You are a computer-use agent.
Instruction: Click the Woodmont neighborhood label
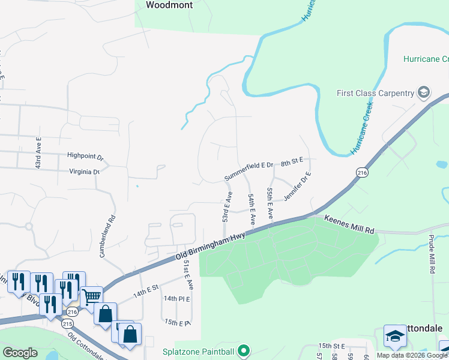(169, 5)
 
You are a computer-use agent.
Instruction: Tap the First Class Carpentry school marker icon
(424, 92)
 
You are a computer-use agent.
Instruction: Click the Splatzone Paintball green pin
(243, 350)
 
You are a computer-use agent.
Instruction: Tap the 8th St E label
(292, 161)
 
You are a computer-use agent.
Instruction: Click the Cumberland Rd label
(106, 238)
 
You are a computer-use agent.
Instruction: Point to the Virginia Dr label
(83, 172)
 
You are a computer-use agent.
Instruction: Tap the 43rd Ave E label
(38, 154)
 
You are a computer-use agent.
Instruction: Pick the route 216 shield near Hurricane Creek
(361, 172)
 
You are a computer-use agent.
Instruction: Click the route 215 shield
(67, 323)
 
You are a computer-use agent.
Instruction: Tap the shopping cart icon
(91, 296)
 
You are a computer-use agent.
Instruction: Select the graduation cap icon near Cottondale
(395, 336)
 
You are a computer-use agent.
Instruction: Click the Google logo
(20, 353)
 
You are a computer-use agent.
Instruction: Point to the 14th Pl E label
(176, 299)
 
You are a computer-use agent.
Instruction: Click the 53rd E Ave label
(227, 208)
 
